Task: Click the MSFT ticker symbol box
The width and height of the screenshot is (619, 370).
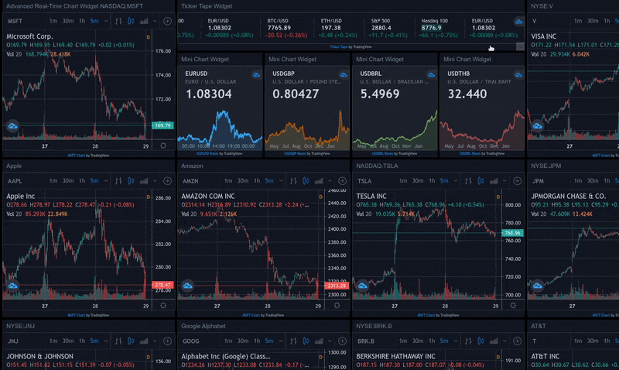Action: (16, 20)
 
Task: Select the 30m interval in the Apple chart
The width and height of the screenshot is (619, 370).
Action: (69, 180)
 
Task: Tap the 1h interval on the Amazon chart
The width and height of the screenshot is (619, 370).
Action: (260, 180)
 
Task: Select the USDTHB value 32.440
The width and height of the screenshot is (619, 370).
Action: (467, 94)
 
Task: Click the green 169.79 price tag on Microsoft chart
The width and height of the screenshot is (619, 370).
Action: (162, 125)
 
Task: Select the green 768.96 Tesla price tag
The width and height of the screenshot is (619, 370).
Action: (511, 232)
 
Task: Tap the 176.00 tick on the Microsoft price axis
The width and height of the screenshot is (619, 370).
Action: (162, 51)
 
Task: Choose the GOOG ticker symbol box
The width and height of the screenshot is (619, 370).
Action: (191, 341)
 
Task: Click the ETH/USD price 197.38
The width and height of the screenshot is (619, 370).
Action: (331, 28)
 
